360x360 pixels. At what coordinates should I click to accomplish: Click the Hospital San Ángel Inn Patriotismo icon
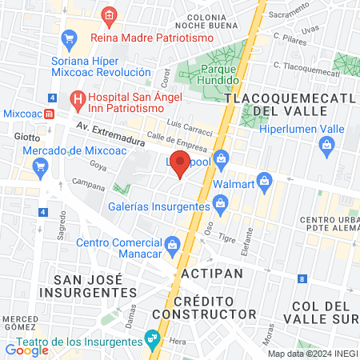(78, 99)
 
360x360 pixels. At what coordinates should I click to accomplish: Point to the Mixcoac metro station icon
(50, 114)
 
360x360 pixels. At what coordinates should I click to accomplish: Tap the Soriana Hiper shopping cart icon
(70, 37)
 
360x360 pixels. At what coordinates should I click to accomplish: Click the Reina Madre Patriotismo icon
(110, 15)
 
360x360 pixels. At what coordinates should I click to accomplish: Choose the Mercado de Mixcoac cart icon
(40, 166)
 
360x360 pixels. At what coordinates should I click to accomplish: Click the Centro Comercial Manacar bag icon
(172, 243)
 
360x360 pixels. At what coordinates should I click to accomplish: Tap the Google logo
(26, 350)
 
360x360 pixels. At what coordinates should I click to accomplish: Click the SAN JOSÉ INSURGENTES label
(87, 286)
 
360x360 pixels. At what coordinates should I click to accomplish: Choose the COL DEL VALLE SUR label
(325, 313)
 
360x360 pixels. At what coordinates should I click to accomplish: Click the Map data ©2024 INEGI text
(311, 354)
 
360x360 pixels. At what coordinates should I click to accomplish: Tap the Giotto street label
(26, 136)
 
